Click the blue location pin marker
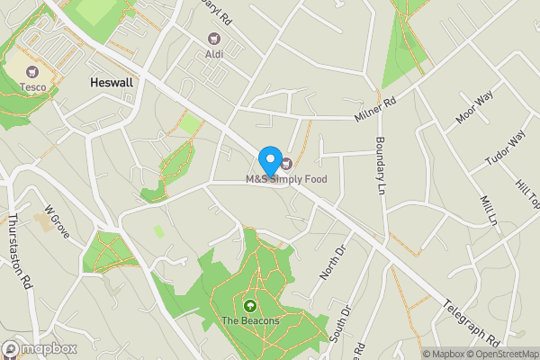269,159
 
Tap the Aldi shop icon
213,38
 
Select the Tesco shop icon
34,71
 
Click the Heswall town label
112,82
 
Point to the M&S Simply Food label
286,179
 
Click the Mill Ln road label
489,210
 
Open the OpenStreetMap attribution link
498,354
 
